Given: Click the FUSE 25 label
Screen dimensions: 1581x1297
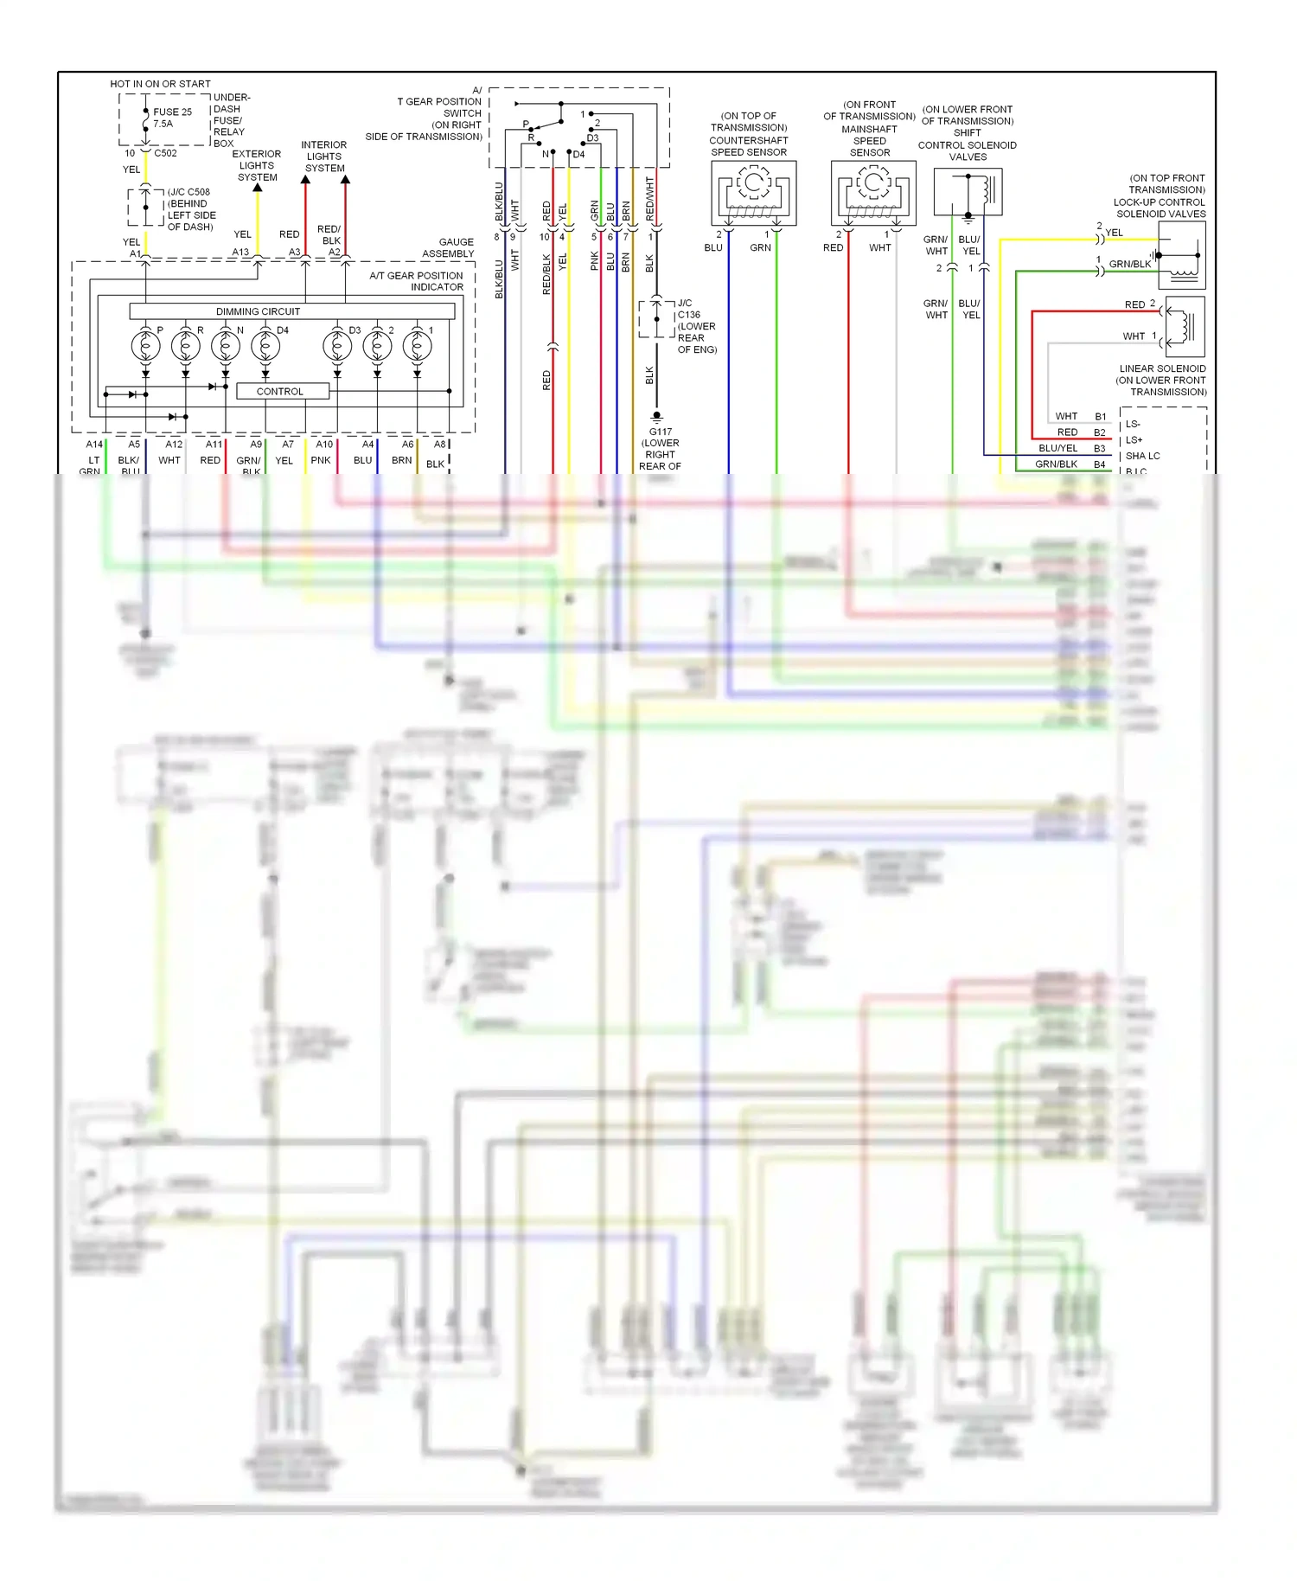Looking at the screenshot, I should [172, 112].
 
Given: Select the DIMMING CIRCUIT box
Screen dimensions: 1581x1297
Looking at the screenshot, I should [258, 311].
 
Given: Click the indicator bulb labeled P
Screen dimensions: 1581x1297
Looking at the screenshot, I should [145, 346].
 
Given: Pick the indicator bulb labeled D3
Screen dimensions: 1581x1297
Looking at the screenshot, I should [337, 346].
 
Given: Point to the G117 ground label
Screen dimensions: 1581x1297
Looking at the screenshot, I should [661, 432].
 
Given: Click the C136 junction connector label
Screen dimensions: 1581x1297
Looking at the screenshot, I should [689, 315].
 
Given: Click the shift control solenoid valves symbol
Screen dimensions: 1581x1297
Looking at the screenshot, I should [968, 192].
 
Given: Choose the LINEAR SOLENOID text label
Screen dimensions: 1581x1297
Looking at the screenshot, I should [1162, 368].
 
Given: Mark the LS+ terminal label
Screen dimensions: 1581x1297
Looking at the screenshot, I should [1134, 440].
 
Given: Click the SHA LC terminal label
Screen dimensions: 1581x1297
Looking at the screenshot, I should [1142, 456].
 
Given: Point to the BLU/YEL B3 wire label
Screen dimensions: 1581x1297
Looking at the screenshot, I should [1058, 449].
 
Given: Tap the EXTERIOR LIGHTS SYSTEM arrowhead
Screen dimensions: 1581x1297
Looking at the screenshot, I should [258, 188].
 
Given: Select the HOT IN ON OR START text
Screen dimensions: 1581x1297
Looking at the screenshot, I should [160, 84].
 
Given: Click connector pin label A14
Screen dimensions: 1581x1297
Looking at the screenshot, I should [94, 445].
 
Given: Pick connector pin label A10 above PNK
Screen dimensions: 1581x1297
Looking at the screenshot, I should [324, 445].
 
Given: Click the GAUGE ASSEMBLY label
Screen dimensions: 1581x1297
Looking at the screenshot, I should [449, 248].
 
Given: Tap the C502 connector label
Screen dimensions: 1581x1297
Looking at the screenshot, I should [165, 153].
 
